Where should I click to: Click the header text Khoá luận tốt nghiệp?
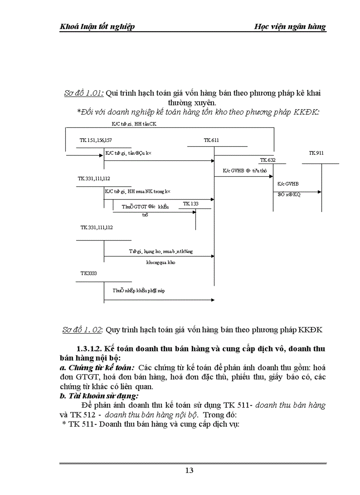pyautogui.click(x=97, y=26)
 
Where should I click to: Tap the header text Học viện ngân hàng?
pyautogui.click(x=290, y=26)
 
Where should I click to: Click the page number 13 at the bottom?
pyautogui.click(x=189, y=470)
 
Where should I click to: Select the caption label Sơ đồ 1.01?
pyautogui.click(x=84, y=93)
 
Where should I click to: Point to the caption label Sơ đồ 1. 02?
pyautogui.click(x=83, y=329)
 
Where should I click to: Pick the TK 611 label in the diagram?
pyautogui.click(x=211, y=140)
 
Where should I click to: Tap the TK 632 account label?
pyautogui.click(x=267, y=160)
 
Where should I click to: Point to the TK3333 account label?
pyautogui.click(x=88, y=273)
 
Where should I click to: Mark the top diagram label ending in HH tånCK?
pyautogui.click(x=134, y=124)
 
